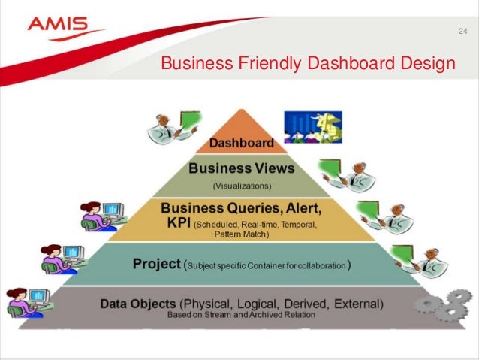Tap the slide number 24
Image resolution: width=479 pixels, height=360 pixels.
(462, 31)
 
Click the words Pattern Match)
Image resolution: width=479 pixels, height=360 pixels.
(241, 234)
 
